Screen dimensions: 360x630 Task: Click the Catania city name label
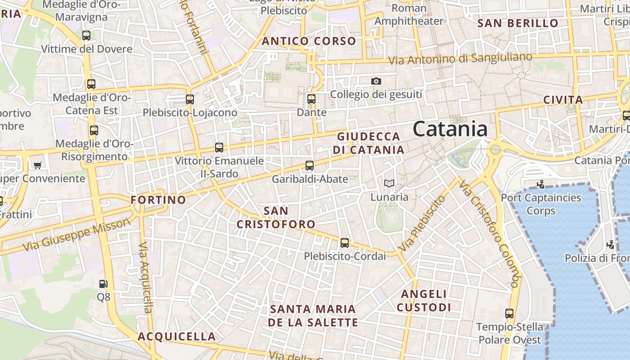coord(450,129)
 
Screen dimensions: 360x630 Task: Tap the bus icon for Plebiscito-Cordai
coord(345,243)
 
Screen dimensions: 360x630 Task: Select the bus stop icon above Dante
coord(311,99)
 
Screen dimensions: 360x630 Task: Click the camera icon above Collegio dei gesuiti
coord(376,81)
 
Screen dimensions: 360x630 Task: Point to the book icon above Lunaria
coord(389,184)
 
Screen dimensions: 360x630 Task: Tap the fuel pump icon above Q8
coord(103,284)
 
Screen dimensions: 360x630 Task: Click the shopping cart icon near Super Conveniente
coord(38,165)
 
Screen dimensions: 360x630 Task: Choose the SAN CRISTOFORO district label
coord(276,217)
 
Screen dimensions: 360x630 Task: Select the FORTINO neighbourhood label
coord(158,200)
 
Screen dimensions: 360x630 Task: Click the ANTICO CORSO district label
coord(309,41)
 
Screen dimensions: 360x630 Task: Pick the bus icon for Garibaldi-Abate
coord(310,166)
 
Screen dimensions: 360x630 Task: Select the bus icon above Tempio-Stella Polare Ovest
coord(509,314)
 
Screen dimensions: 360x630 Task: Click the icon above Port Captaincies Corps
coord(541,184)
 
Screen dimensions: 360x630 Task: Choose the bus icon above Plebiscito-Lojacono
coord(190,99)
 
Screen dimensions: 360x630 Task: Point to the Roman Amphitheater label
coord(409,15)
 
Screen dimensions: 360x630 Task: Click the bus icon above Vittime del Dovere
coord(86,35)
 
